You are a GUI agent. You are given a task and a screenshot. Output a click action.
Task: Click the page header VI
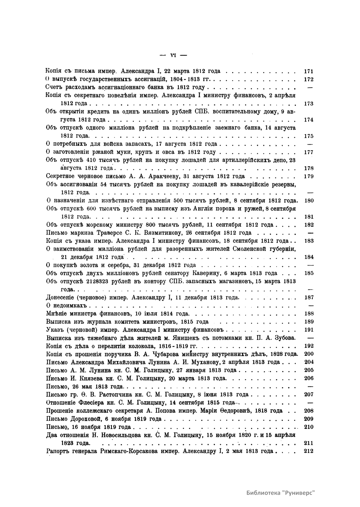pyautogui.click(x=173, y=55)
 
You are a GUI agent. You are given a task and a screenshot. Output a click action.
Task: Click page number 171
pyautogui.click(x=308, y=71)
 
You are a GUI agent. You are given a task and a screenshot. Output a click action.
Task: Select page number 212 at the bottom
pyautogui.click(x=308, y=451)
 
